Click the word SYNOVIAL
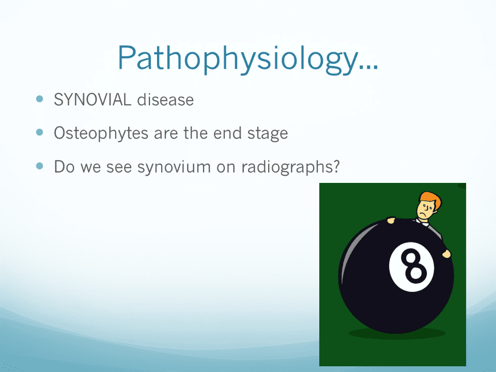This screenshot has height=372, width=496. (x=92, y=100)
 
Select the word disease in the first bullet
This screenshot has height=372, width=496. (x=165, y=100)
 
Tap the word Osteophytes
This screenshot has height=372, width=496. (x=101, y=133)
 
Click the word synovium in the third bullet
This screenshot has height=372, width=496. (x=174, y=167)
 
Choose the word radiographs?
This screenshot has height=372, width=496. (x=290, y=167)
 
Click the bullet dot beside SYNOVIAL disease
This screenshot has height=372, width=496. (x=40, y=99)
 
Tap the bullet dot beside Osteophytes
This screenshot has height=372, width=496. (x=40, y=132)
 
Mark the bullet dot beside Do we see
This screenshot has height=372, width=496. (x=40, y=166)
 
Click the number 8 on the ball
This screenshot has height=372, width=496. (x=413, y=266)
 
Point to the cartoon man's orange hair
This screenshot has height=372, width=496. (x=431, y=199)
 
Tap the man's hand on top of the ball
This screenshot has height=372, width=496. (x=391, y=220)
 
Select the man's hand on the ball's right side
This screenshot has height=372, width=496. (x=446, y=253)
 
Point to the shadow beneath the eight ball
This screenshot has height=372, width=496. (x=397, y=333)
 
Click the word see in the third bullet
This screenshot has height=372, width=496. (x=119, y=167)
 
